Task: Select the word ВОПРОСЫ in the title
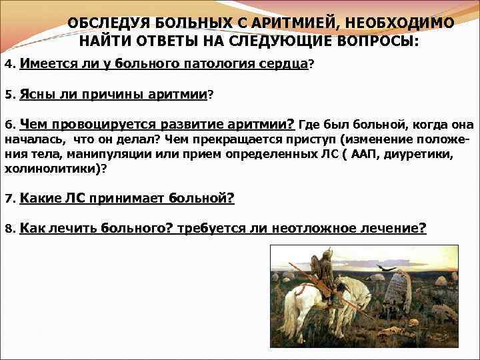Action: [x=377, y=41]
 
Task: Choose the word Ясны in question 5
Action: [x=37, y=95]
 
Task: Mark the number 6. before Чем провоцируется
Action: [x=9, y=125]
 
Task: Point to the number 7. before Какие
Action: [x=9, y=199]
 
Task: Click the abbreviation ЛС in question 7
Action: [x=75, y=198]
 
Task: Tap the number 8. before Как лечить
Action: [x=9, y=229]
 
